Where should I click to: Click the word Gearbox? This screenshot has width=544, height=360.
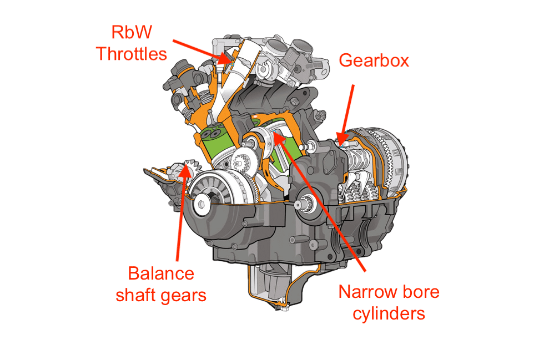(x=374, y=60)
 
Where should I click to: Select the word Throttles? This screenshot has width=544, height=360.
(x=131, y=54)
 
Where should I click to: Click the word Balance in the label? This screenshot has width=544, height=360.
(x=161, y=273)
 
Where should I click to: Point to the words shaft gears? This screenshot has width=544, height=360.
(x=161, y=295)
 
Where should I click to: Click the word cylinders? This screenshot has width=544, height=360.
(x=382, y=313)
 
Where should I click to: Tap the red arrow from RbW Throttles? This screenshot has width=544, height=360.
(x=200, y=49)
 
